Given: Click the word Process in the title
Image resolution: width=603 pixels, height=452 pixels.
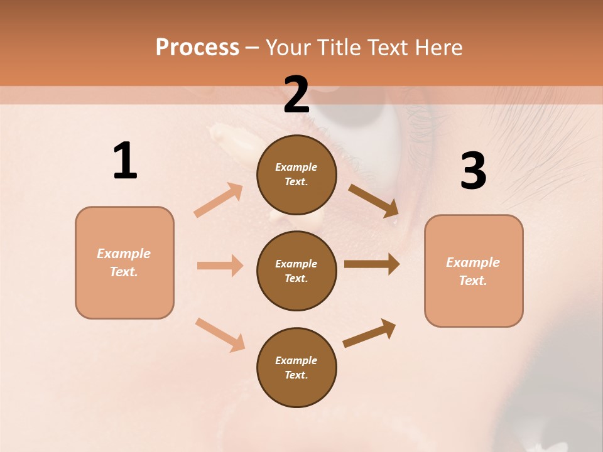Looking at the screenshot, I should pyautogui.click(x=197, y=48).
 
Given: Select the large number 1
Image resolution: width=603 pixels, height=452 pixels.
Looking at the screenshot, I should pyautogui.click(x=125, y=161).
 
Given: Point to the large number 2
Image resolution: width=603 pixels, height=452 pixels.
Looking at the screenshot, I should pyautogui.click(x=296, y=95).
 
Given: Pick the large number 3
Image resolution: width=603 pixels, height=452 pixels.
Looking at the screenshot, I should pyautogui.click(x=473, y=171).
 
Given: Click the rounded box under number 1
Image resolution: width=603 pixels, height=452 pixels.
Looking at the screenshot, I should pyautogui.click(x=124, y=262).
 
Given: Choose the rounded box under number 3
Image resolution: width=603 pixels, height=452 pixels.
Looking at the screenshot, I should pyautogui.click(x=474, y=271).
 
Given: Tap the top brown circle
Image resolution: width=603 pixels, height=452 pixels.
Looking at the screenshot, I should pyautogui.click(x=296, y=175).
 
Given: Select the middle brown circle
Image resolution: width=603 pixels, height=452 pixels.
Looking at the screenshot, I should pyautogui.click(x=296, y=271).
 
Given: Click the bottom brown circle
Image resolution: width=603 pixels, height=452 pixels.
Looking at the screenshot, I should pyautogui.click(x=296, y=367).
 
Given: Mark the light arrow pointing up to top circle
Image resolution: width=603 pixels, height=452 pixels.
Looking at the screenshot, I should pyautogui.click(x=219, y=200).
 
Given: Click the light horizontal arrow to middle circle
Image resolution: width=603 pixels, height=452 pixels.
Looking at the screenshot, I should pyautogui.click(x=220, y=266).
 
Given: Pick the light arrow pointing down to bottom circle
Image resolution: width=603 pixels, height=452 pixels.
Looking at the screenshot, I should pyautogui.click(x=220, y=334).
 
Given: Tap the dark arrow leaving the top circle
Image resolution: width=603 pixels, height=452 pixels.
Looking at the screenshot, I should pyautogui.click(x=373, y=200).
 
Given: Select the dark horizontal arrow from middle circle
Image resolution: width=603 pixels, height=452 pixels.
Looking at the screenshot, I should pyautogui.click(x=371, y=264).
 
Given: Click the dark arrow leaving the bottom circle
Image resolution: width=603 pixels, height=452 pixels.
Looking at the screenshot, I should pyautogui.click(x=369, y=333).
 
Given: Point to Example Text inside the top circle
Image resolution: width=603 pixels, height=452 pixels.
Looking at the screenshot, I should pyautogui.click(x=296, y=175).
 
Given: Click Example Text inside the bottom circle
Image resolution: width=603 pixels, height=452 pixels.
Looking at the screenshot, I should pyautogui.click(x=296, y=368).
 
